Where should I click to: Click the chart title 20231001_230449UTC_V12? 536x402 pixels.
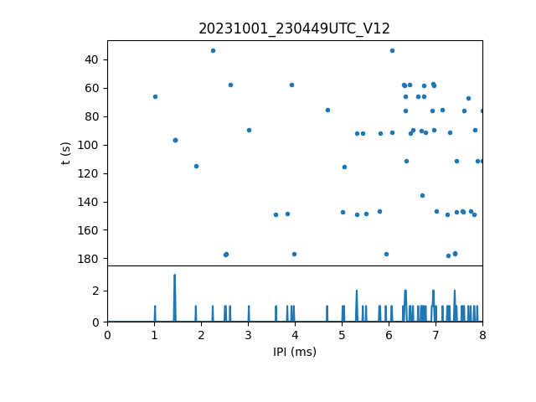pos(294,28)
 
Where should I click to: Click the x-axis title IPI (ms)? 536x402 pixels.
pos(294,352)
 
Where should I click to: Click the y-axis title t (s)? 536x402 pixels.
pos(65,152)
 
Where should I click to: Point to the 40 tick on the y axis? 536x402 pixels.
pos(91,59)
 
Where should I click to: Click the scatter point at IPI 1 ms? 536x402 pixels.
pos(155,96)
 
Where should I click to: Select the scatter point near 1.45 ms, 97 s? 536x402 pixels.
pos(175,140)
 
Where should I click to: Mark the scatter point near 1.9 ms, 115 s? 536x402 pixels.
pos(196,166)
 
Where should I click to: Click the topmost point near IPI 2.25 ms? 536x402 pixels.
pos(213,50)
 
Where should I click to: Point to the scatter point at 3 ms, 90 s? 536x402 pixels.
pos(249,130)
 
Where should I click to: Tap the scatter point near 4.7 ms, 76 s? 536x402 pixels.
pos(327,110)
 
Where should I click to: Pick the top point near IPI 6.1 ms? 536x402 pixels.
pos(392,50)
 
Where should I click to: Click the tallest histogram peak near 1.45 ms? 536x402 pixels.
pos(174,276)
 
